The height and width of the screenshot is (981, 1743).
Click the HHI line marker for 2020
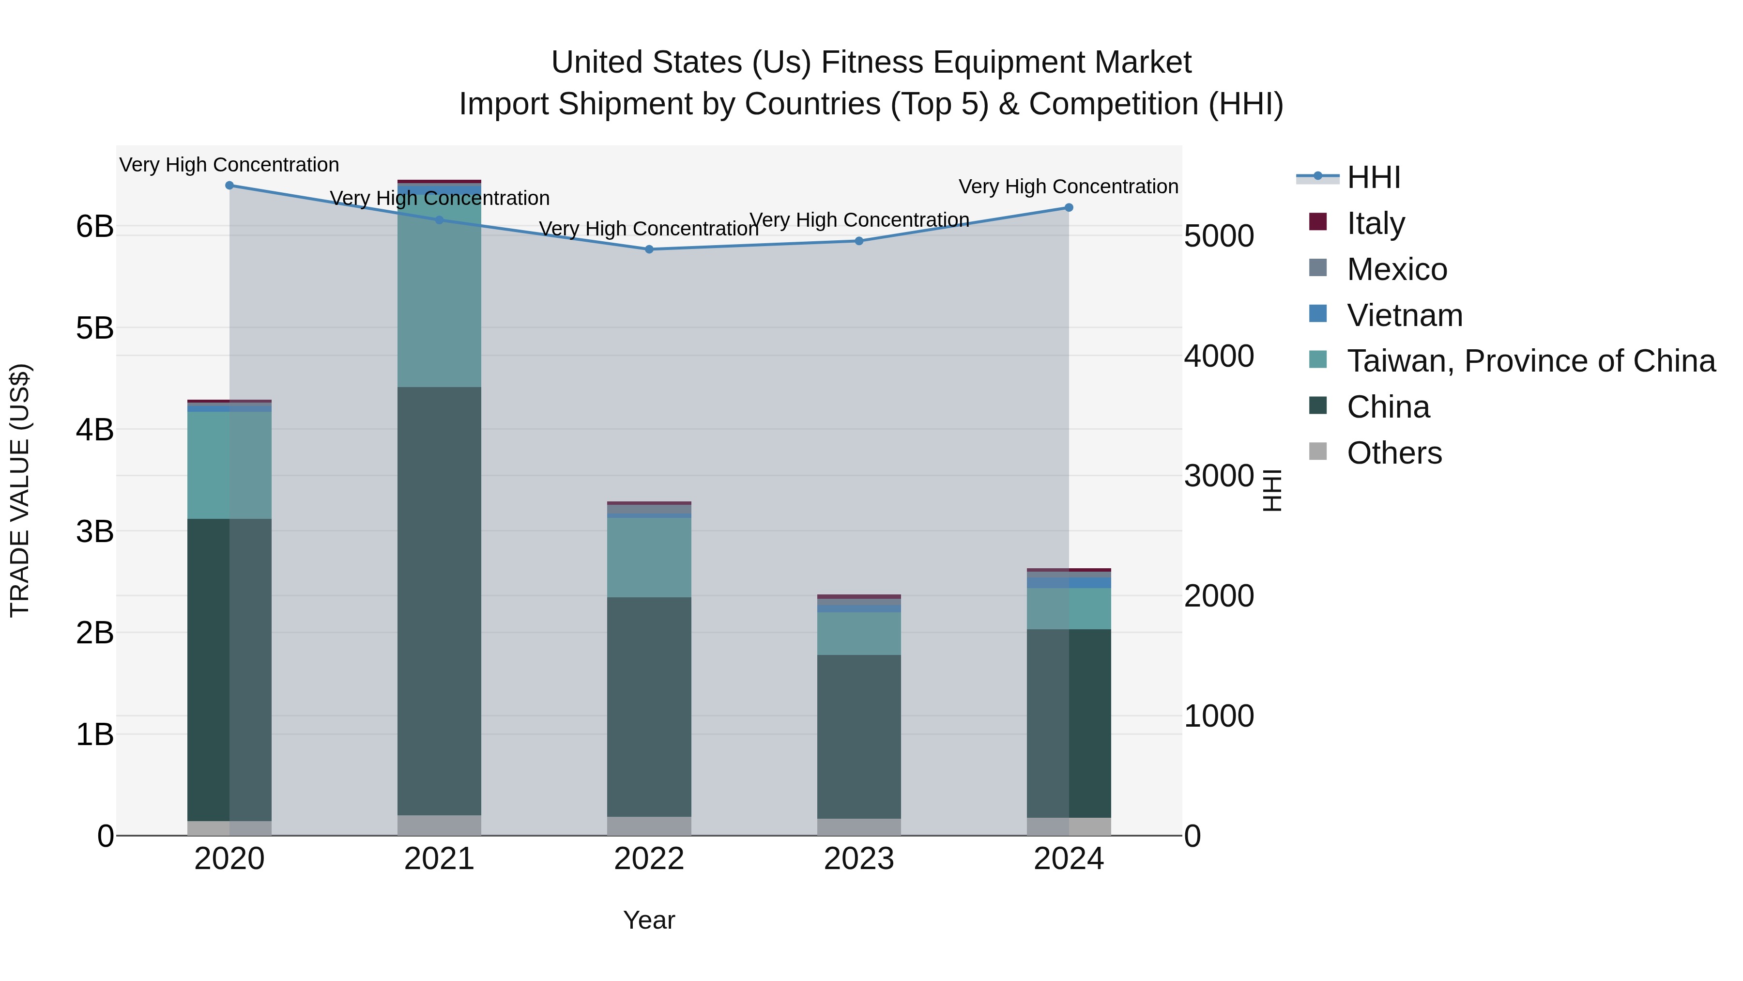229,186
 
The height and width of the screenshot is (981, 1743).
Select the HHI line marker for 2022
649,249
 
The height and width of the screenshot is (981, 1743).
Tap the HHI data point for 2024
1069,208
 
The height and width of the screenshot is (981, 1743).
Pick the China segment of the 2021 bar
439,601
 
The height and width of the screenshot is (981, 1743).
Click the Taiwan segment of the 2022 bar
649,557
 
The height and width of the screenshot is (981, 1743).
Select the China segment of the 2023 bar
858,736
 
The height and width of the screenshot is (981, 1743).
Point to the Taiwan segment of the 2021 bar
439,291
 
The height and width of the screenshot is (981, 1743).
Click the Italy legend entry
1375,223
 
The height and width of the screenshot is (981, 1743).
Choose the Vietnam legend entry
1404,315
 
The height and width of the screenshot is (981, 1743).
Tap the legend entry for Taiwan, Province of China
1530,361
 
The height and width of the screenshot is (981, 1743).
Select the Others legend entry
1394,453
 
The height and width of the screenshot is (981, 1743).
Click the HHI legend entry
1373,177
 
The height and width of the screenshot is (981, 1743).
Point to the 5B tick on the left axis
95,328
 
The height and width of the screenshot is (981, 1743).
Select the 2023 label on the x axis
858,859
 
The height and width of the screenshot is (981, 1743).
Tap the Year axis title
649,920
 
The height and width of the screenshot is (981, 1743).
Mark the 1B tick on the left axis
95,734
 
